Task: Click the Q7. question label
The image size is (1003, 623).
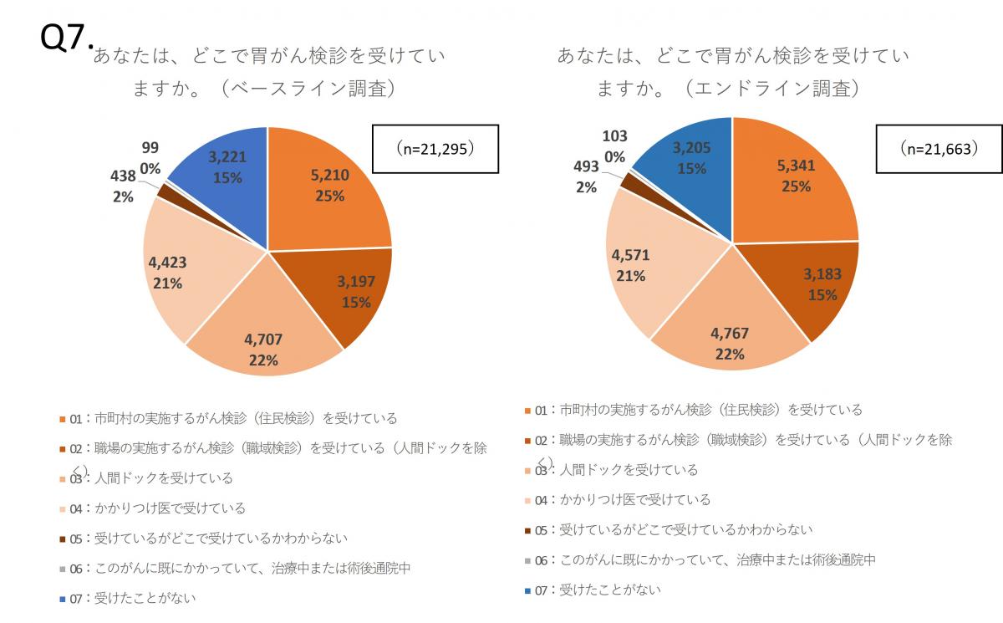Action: [x=66, y=37]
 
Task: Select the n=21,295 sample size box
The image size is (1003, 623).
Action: [x=435, y=149]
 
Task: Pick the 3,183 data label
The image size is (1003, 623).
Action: [x=823, y=283]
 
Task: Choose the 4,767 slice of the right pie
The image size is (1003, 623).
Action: [x=729, y=343]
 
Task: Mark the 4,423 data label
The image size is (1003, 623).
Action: [x=167, y=273]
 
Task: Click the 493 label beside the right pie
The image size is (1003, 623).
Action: [x=585, y=168]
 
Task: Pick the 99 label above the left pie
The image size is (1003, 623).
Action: [x=150, y=147]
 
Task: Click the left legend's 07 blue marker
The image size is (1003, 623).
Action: [x=63, y=599]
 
